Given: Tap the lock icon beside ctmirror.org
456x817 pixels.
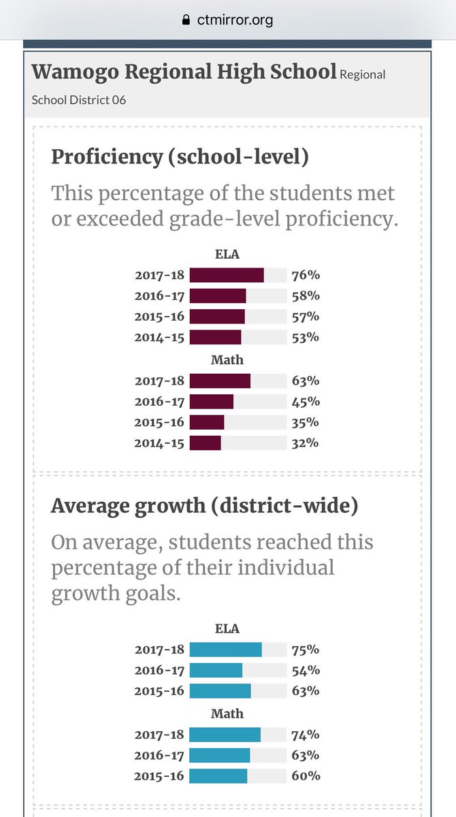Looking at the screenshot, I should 185,20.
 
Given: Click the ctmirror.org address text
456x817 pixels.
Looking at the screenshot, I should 235,20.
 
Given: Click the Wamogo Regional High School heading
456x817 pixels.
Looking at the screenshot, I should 184,71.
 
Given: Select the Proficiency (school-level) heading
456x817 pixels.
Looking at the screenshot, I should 180,157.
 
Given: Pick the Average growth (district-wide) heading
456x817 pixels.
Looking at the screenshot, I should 205,506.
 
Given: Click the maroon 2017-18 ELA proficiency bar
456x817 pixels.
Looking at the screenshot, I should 227,275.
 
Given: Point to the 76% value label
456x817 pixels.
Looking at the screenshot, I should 305,275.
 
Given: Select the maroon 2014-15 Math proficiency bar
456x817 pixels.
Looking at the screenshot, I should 205,443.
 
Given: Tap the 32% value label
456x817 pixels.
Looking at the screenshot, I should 305,443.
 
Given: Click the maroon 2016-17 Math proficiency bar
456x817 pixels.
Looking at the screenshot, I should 211,401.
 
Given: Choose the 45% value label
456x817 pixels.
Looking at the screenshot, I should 305,401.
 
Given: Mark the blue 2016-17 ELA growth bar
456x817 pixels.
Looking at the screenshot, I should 216,671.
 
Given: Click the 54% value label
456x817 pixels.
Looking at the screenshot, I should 305,671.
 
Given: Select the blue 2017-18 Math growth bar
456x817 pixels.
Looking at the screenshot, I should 225,735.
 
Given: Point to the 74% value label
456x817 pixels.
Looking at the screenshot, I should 305,735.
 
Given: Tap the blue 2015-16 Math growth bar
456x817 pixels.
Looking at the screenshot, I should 218,776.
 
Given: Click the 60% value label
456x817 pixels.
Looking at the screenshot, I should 305,776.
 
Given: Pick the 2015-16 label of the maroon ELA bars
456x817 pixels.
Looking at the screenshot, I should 159,317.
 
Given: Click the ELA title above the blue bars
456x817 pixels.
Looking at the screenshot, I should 227,628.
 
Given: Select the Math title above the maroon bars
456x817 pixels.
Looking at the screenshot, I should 227,359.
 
